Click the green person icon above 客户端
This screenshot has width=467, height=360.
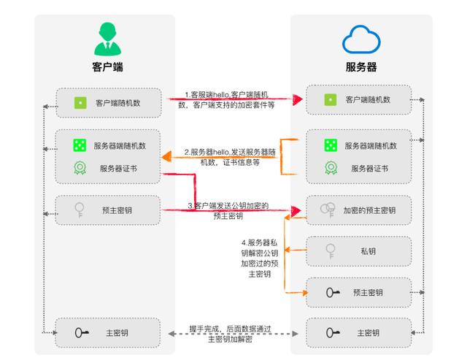[107, 39]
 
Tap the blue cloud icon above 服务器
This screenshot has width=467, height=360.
[361, 39]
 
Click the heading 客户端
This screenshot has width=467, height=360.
[107, 66]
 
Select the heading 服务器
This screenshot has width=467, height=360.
[361, 66]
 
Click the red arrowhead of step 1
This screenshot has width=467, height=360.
[297, 99]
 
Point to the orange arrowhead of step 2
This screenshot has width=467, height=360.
[166, 156]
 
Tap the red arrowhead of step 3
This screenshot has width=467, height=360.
[296, 211]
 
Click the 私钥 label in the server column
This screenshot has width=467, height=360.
[368, 251]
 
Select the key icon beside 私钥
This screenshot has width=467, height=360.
[331, 251]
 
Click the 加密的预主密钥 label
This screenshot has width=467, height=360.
[369, 210]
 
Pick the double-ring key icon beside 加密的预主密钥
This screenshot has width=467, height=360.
[328, 210]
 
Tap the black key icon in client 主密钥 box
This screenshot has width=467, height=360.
[82, 332]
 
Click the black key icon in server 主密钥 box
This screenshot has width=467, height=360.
[333, 332]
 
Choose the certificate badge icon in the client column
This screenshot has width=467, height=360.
[80, 168]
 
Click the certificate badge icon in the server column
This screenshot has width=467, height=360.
[331, 168]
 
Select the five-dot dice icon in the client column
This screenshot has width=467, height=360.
[80, 145]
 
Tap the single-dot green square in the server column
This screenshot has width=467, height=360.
[331, 99]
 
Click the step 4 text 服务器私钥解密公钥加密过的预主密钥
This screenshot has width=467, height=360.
[260, 258]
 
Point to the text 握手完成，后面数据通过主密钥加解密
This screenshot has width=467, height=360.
[231, 334]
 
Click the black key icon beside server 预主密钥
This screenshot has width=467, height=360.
[333, 292]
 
